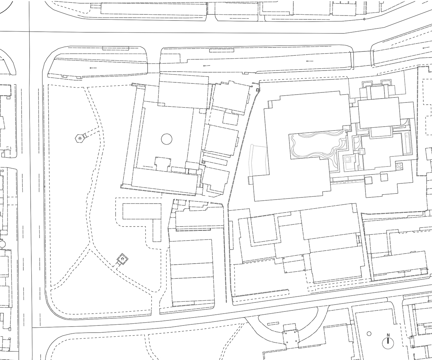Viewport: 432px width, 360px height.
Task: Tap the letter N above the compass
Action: click(388, 335)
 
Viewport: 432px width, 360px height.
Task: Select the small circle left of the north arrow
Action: click(369, 333)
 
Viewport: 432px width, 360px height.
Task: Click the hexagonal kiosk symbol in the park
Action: click(80, 138)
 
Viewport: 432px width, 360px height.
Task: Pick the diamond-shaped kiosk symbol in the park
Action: click(122, 259)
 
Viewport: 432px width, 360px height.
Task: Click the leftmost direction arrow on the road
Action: click(93, 68)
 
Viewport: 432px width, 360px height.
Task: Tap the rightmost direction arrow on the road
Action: click(426, 48)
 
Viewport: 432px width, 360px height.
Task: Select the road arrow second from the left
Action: click(207, 66)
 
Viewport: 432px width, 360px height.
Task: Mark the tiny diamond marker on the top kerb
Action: click(364, 19)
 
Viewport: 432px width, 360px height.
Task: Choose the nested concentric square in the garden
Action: click(347, 159)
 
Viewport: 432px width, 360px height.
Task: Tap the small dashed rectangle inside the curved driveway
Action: click(273, 324)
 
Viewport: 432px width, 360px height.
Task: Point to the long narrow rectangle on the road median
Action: click(222, 50)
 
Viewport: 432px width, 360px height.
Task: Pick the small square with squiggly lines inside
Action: click(399, 166)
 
